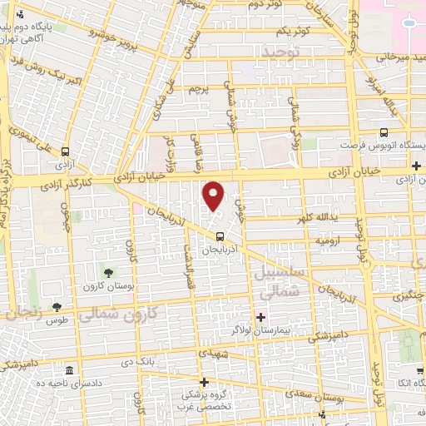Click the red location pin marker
(x=214, y=196)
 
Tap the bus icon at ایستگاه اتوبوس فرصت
(x=384, y=132)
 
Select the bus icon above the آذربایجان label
(x=218, y=235)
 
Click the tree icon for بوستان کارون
(x=109, y=272)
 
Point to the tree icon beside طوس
(x=57, y=308)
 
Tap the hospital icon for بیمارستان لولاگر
(x=260, y=317)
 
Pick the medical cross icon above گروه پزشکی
(x=204, y=382)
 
